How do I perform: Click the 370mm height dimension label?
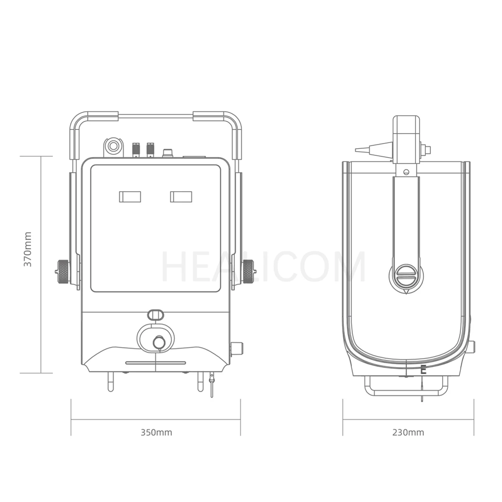pos(28,249)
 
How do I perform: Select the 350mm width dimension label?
pos(156,432)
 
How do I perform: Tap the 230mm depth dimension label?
pos(408,432)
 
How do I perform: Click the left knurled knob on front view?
pos(63,272)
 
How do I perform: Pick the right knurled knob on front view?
pos(248,271)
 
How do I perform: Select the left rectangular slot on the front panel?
pos(130,197)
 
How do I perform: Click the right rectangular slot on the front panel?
pos(181,197)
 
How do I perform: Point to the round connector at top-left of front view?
pos(113,146)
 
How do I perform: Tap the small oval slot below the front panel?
pos(155,314)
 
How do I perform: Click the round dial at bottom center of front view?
pos(159,341)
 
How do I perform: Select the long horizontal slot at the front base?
pos(155,363)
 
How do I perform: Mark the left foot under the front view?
pos(110,382)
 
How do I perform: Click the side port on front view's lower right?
pos(236,349)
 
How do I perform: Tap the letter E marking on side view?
pos(423,370)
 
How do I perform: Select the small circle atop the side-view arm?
pos(406,171)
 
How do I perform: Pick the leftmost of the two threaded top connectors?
pos(136,149)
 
